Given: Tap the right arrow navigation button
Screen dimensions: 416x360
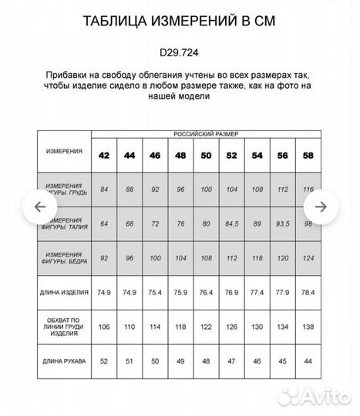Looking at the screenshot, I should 321,206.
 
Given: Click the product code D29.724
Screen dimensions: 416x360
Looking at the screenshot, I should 179,55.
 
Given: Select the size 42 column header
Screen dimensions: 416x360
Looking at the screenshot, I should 104,155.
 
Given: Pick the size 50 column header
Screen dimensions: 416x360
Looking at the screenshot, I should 206,155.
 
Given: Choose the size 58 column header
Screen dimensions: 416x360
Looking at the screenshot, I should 308,155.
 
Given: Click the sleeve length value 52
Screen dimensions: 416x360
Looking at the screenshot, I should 104,360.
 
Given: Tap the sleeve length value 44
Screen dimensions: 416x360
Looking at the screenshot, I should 308,360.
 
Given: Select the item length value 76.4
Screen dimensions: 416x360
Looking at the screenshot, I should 206,294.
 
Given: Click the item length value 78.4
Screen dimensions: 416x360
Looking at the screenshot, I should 308,294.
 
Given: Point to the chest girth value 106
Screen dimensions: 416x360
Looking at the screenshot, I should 104,327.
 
